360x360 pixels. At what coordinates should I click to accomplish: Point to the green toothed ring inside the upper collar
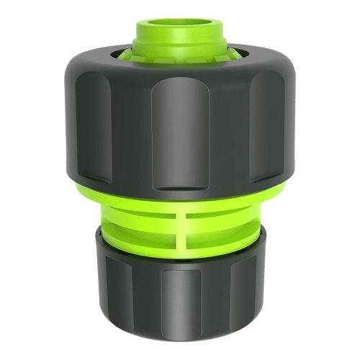tap(180, 52)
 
